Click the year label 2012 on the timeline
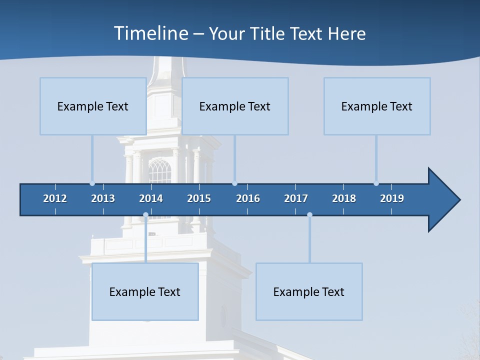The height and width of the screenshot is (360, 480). (55, 198)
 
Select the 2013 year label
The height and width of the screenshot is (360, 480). (103, 198)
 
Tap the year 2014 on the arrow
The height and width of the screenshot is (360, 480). (151, 198)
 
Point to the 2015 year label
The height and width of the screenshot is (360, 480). (199, 198)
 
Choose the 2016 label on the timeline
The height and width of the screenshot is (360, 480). (248, 198)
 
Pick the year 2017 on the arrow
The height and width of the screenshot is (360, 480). (296, 198)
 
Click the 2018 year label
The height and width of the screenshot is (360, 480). (344, 198)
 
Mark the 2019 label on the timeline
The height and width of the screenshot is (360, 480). (392, 198)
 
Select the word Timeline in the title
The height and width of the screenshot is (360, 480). (150, 33)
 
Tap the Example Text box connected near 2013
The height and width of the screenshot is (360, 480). (93, 106)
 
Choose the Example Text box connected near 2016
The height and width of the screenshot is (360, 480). (235, 106)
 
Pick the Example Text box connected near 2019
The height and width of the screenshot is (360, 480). (377, 106)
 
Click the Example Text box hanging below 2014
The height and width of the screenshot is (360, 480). (145, 291)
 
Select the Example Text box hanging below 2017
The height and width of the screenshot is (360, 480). (309, 291)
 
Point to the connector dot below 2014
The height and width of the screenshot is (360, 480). (145, 215)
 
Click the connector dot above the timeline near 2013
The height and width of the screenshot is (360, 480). (92, 183)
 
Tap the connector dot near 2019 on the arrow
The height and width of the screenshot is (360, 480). (376, 183)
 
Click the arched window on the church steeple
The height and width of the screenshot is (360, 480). (160, 171)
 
